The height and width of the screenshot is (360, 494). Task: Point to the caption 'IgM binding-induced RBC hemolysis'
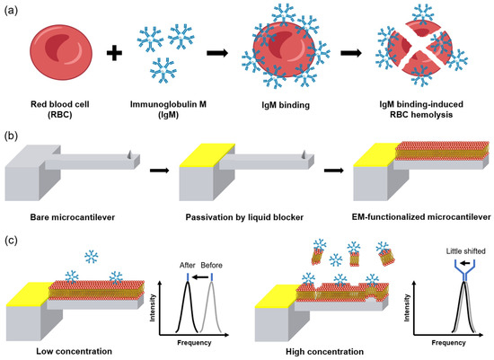pyautogui.click(x=414, y=99)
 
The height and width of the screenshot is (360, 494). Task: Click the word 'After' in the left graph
pyautogui.click(x=188, y=265)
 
